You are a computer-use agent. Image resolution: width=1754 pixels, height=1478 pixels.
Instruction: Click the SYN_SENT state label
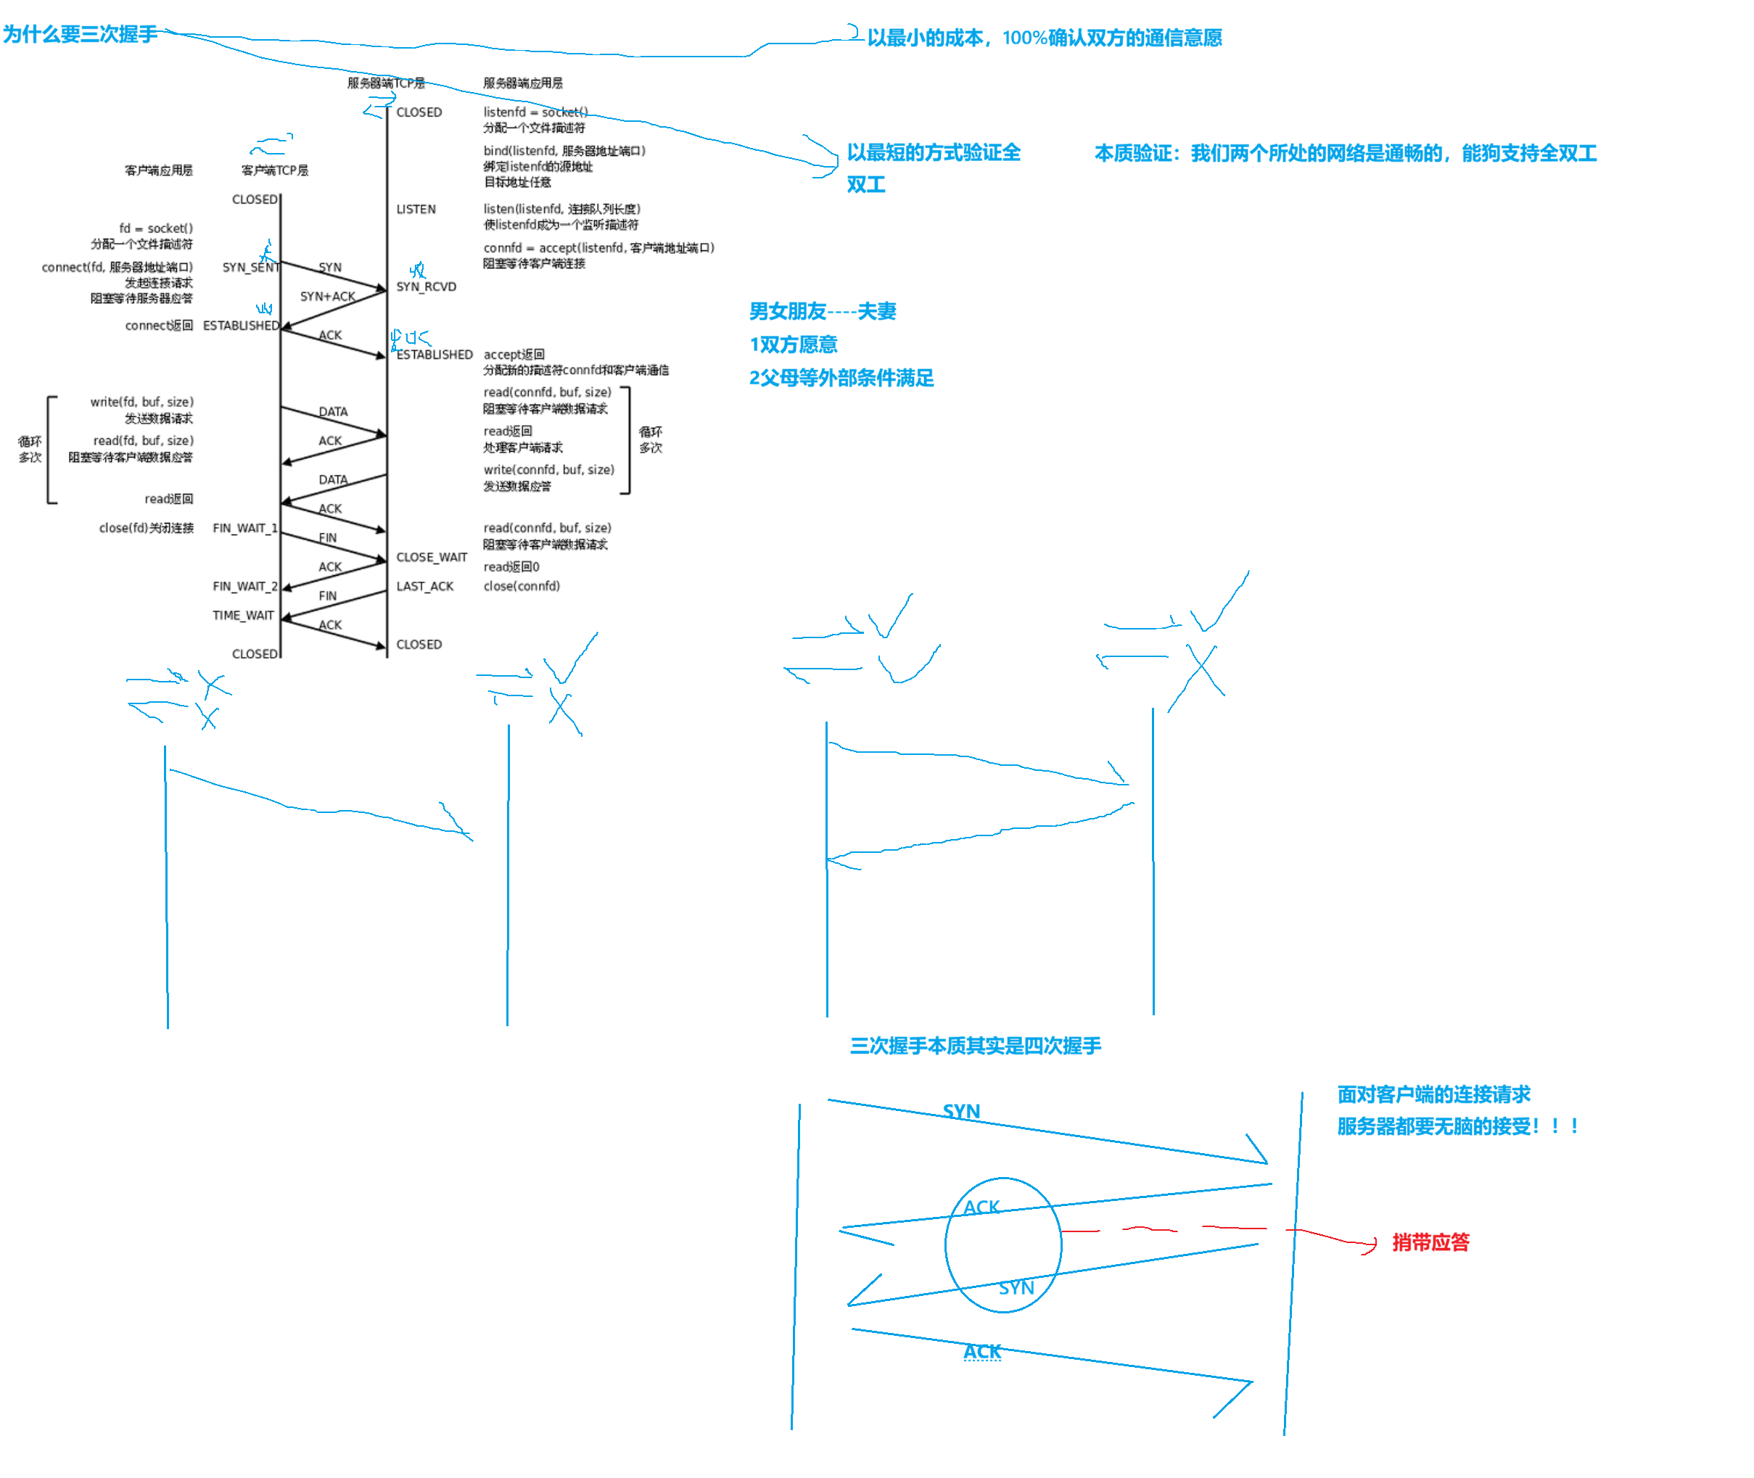coord(250,268)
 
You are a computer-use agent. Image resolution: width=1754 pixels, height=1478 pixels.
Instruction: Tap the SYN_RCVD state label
coord(427,286)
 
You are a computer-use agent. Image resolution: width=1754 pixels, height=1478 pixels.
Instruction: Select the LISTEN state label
coord(416,209)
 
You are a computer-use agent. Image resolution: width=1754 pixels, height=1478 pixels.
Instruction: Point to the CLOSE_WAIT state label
coord(432,557)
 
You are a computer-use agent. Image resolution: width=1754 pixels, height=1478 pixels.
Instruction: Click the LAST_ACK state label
coord(425,586)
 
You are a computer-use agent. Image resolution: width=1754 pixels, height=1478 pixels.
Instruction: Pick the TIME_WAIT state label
coord(243,615)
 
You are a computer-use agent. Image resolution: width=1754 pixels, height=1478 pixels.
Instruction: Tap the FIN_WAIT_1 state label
coord(244,528)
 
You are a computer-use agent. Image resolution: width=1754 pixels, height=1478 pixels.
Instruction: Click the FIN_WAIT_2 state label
coord(244,586)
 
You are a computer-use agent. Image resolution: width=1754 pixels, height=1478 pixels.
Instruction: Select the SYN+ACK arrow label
coord(328,297)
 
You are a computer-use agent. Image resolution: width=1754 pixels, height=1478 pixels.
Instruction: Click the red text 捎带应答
coord(1430,1242)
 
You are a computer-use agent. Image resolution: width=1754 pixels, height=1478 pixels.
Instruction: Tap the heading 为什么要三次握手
coord(80,33)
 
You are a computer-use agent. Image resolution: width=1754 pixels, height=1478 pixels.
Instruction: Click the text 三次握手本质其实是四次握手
coord(976,1045)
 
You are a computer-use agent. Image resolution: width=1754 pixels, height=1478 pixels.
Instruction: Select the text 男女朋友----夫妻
coord(823,312)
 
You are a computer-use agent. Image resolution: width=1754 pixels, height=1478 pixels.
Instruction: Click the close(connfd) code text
coord(522,586)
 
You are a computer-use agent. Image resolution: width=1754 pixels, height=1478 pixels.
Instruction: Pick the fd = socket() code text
coord(156,228)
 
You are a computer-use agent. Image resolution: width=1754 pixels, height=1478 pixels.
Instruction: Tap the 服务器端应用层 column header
coord(523,83)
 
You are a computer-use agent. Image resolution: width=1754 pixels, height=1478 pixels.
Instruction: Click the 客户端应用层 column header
coord(158,170)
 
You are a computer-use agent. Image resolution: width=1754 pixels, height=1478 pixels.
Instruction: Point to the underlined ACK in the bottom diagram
coord(982,1352)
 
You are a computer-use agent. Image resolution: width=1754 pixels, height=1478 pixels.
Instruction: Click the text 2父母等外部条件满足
coord(841,378)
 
